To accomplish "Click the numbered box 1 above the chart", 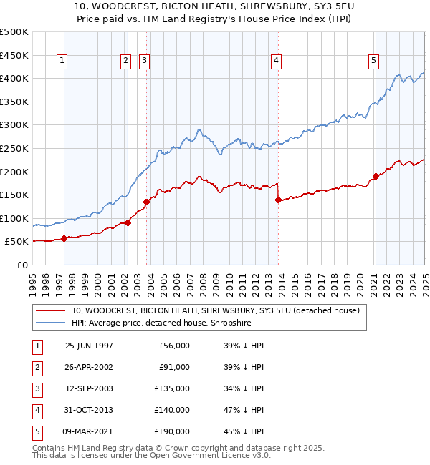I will point(63,62).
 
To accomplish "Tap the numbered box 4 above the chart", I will point(276,62).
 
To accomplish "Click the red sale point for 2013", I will point(277,200).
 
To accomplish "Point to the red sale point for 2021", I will point(375,176).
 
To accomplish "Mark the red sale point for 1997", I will point(64,238).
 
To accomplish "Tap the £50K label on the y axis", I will point(16,242).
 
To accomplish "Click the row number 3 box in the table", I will point(37,388).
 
